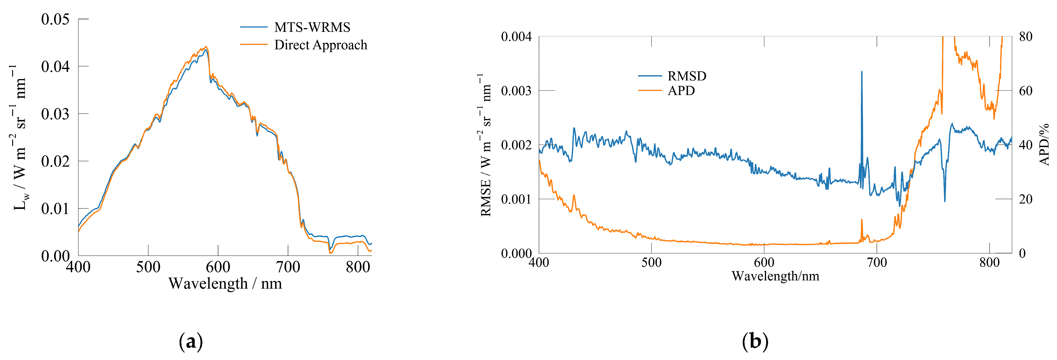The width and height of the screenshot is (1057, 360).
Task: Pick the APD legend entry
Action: click(x=681, y=91)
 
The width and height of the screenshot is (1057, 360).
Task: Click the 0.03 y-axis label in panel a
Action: click(x=55, y=114)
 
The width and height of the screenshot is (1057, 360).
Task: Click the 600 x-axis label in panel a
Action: click(x=218, y=267)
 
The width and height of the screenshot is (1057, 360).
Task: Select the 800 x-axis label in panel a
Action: click(x=358, y=267)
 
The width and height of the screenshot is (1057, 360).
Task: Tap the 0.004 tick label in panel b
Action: click(x=516, y=37)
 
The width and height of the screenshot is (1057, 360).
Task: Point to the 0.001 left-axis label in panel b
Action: click(x=516, y=199)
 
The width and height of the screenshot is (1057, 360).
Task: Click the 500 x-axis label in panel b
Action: click(x=651, y=263)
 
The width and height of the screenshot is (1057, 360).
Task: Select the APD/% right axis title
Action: click(x=1044, y=145)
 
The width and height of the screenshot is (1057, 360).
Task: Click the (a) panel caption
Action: click(x=191, y=342)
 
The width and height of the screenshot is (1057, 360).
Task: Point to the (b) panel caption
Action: click(x=755, y=342)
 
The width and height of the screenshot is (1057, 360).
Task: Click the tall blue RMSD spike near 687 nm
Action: click(x=862, y=74)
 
